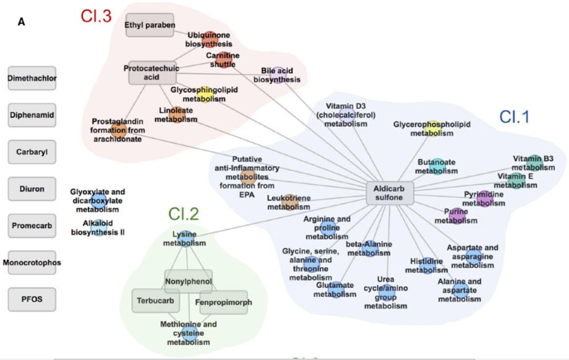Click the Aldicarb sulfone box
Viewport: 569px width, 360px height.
coord(390,193)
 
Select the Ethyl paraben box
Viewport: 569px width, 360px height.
coord(150,25)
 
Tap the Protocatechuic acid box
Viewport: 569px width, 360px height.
coord(152,73)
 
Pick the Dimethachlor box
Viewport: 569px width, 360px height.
coord(32,78)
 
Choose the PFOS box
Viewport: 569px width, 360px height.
coord(32,299)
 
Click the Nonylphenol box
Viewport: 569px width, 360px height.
coord(188,281)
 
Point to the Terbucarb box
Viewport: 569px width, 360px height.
coord(155,301)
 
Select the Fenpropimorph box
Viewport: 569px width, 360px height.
coord(223,303)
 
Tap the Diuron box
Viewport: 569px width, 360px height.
coord(32,189)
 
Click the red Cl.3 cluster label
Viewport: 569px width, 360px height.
coord(96,16)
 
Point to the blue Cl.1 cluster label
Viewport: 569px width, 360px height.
coord(514,117)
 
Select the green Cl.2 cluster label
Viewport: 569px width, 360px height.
coord(184,214)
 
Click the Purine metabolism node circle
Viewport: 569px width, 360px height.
coord(457,216)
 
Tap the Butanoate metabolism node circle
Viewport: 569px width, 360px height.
coord(437,167)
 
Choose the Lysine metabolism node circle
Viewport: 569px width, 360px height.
coord(185,239)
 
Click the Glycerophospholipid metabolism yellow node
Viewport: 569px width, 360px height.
coord(433,129)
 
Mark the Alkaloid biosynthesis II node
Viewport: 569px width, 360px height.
coord(99,228)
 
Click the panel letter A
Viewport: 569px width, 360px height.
coord(22,22)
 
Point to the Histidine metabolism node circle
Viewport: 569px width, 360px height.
coord(427,266)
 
